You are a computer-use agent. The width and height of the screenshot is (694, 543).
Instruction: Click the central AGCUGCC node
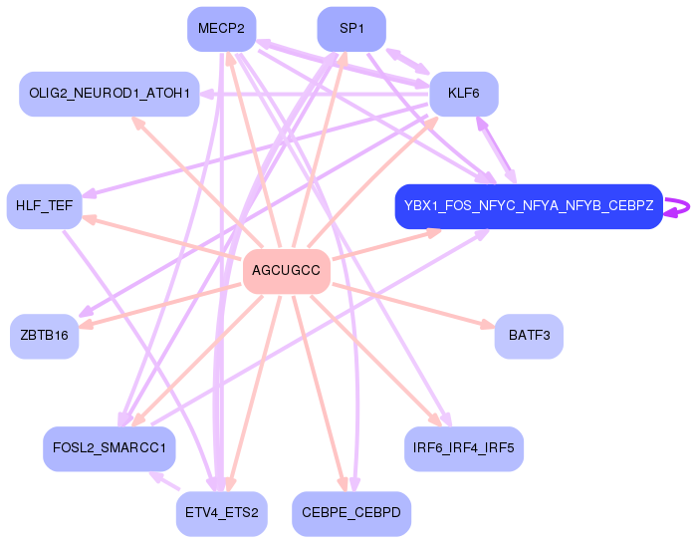[x=287, y=271]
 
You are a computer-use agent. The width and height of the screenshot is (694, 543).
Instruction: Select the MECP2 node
[x=221, y=29]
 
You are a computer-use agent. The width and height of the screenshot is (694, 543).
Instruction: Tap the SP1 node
[x=351, y=29]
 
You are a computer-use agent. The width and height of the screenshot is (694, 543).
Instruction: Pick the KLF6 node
[x=464, y=94]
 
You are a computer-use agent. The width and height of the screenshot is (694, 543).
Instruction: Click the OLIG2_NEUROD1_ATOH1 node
[x=110, y=94]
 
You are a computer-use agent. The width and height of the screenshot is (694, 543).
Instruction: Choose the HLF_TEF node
[x=44, y=206]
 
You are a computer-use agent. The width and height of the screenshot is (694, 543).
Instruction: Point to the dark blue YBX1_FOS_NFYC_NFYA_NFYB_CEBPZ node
[x=529, y=206]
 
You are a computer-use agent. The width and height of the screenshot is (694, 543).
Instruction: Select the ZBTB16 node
[x=44, y=336]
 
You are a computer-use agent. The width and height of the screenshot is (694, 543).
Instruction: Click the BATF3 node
[x=529, y=336]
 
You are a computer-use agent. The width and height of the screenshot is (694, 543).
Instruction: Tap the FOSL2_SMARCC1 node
[x=110, y=448]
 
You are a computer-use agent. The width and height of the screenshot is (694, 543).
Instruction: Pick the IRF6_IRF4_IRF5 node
[x=464, y=448]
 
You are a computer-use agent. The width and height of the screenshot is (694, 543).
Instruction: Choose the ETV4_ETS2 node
[x=221, y=514]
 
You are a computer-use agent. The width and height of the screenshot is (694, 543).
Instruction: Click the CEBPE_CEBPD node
[x=351, y=514]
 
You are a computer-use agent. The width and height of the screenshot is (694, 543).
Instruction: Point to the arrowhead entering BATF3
[x=488, y=325]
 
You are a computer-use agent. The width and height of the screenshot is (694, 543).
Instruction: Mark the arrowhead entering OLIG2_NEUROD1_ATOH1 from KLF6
[x=207, y=94]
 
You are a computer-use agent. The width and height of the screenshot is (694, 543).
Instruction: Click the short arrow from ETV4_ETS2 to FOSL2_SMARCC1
[x=164, y=481]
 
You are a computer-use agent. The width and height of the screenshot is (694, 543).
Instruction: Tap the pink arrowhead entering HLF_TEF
[x=90, y=218]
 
